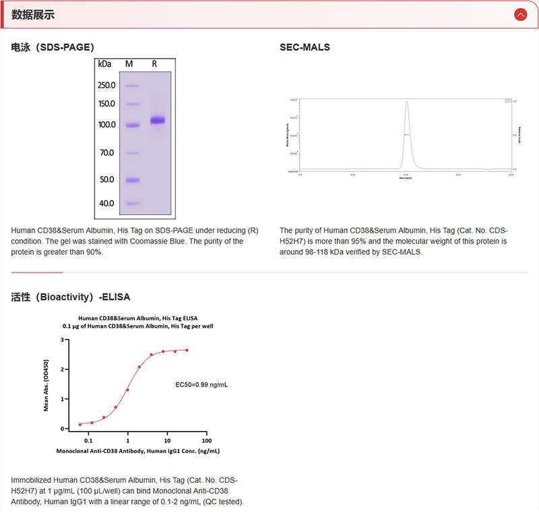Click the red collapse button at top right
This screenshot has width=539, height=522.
520,14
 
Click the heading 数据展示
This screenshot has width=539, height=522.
33,15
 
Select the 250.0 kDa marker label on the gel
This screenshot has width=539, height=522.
106,86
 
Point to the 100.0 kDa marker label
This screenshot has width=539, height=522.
106,125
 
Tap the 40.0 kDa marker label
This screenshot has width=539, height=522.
106,203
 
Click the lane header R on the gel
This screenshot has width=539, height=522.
154,64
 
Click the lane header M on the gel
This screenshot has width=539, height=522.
129,64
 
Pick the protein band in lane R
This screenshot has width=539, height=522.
157,120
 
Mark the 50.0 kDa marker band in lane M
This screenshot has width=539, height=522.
132,180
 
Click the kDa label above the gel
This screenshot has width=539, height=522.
104,64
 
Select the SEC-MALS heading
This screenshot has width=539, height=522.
305,47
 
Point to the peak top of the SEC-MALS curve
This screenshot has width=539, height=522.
406,102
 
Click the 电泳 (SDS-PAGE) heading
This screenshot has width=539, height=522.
53,47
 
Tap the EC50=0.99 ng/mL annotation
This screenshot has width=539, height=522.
201,384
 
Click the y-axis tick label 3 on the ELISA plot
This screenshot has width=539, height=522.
62,340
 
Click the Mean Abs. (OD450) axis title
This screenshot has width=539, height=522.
46,384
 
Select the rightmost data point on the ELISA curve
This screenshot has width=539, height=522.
187,350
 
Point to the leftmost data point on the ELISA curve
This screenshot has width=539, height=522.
80,424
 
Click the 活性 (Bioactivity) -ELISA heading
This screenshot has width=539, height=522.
71,297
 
